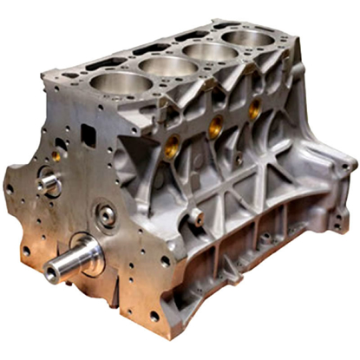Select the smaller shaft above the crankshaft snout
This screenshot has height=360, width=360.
48,183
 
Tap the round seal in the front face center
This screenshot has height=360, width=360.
107,215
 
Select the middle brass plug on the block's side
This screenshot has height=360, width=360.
216,123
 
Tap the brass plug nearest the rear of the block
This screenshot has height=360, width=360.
254,108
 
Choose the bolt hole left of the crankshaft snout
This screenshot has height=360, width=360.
26,251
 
